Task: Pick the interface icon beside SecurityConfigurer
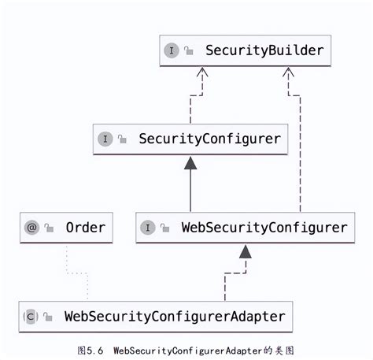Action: (x=105, y=139)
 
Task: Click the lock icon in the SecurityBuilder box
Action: (x=189, y=51)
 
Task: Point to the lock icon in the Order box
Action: (x=49, y=228)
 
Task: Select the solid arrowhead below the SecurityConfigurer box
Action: (x=190, y=163)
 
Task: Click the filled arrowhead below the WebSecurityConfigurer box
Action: (x=246, y=252)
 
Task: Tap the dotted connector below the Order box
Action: (x=76, y=272)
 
